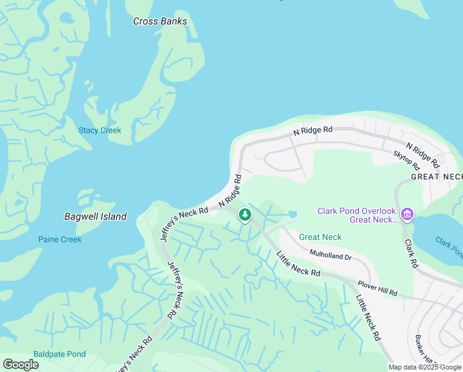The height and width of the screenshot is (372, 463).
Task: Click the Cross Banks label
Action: pyautogui.click(x=160, y=21)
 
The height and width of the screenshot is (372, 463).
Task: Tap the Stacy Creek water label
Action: pyautogui.click(x=100, y=130)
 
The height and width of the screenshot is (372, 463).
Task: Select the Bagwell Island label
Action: pyautogui.click(x=95, y=216)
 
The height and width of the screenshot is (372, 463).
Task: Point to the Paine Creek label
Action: pyautogui.click(x=59, y=239)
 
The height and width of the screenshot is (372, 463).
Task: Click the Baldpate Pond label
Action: pyautogui.click(x=59, y=354)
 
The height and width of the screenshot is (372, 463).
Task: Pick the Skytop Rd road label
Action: pyautogui.click(x=407, y=161)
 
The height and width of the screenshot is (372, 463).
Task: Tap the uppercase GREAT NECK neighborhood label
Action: pyautogui.click(x=437, y=177)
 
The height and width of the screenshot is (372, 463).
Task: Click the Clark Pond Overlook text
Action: pyautogui.click(x=357, y=211)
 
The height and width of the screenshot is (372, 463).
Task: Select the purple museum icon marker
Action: pyautogui.click(x=407, y=215)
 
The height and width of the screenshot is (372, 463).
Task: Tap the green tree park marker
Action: pyautogui.click(x=245, y=215)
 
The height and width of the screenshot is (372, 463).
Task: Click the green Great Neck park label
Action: pyautogui.click(x=320, y=237)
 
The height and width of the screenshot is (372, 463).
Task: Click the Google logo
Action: pyautogui.click(x=20, y=365)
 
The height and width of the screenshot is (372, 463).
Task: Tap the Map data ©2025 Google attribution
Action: pyautogui.click(x=425, y=367)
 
